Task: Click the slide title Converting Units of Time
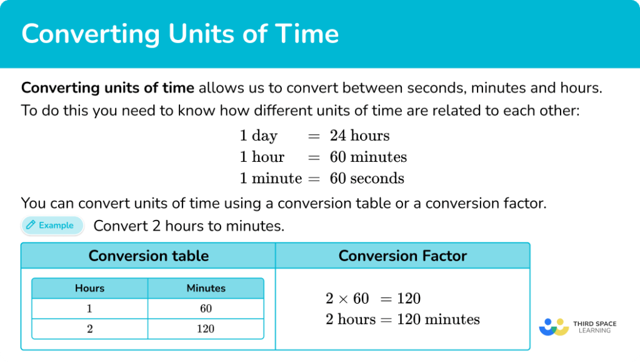pos(180,34)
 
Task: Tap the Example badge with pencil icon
pos(52,226)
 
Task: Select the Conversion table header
pos(149,256)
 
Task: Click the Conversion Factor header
pos(402,256)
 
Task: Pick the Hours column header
pos(89,288)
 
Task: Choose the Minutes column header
pos(206,288)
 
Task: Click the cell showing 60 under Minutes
pos(206,309)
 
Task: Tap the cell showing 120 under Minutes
pos(206,329)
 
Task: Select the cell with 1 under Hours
pos(89,309)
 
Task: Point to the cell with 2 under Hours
pos(89,329)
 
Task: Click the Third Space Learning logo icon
pos(553,327)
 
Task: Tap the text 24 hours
pos(359,136)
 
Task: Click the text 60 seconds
pos(367,178)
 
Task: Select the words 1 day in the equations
pos(258,136)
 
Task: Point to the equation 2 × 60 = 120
pos(372,299)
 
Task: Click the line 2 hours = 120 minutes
pos(402,320)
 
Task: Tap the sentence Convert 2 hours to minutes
pos(189,226)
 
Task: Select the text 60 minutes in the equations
pos(368,157)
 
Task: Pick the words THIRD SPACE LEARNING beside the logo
pos(594,327)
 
